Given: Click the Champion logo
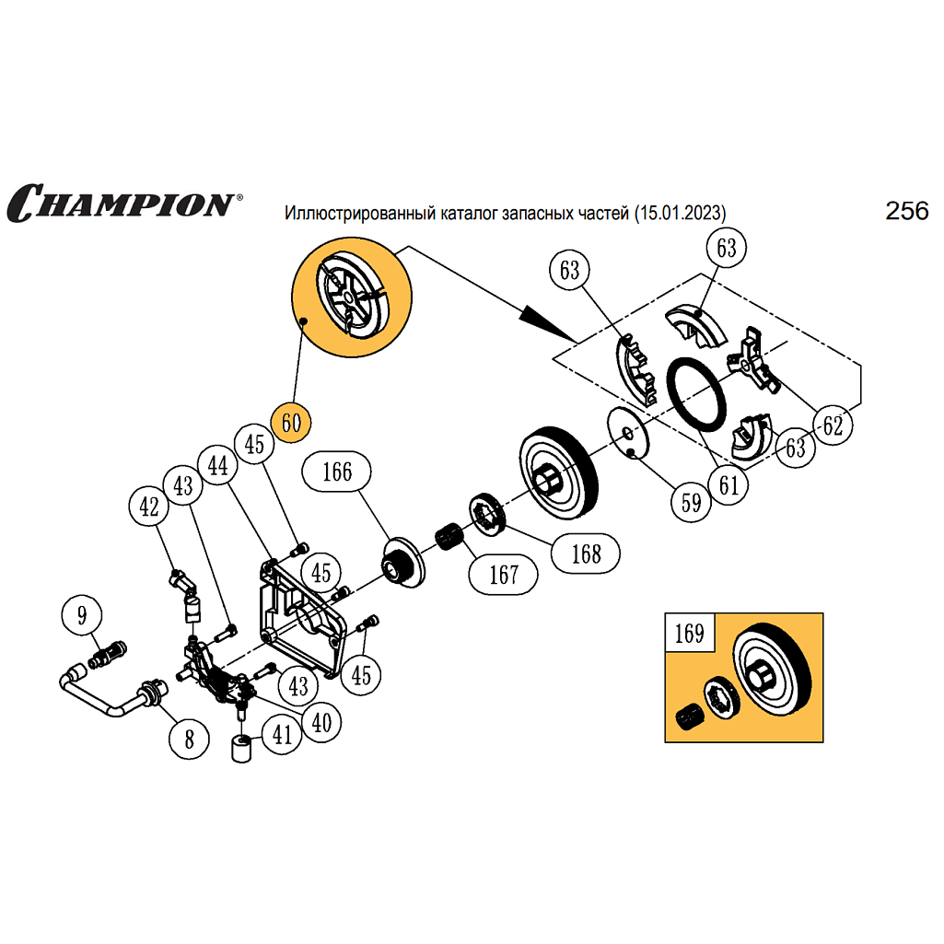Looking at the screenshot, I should pyautogui.click(x=122, y=202).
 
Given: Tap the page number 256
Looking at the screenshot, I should pyautogui.click(x=906, y=211).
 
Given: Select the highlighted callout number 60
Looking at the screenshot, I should pyautogui.click(x=292, y=424).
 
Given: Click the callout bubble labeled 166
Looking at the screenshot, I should pyautogui.click(x=337, y=472).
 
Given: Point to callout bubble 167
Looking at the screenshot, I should pyautogui.click(x=504, y=575).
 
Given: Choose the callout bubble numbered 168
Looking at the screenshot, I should pyautogui.click(x=586, y=553).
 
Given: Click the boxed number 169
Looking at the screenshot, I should pyautogui.click(x=689, y=634).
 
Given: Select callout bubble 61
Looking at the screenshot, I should pyautogui.click(x=728, y=484).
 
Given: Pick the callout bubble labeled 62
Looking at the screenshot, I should pyautogui.click(x=833, y=425).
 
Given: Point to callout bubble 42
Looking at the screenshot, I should pyautogui.click(x=149, y=506).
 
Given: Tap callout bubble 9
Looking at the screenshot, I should pyautogui.click(x=83, y=613).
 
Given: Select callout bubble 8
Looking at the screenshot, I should pyautogui.click(x=190, y=738).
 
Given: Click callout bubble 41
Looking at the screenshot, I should pyautogui.click(x=282, y=734).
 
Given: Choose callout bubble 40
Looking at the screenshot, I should pyautogui.click(x=321, y=722).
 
